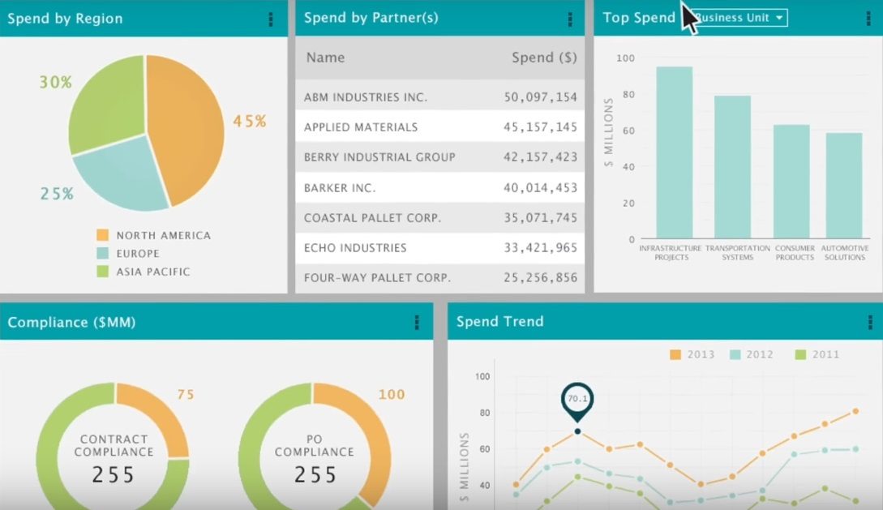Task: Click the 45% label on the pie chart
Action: (249, 122)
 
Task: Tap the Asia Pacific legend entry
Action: (152, 272)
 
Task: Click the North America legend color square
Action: (102, 236)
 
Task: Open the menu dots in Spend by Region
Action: (271, 19)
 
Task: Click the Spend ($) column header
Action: (544, 58)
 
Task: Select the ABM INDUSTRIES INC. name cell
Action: (365, 97)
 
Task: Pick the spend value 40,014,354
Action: (540, 188)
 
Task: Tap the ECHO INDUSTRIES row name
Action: (355, 248)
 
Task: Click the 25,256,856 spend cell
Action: (540, 278)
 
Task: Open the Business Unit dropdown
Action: (740, 18)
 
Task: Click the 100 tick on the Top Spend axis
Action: (625, 58)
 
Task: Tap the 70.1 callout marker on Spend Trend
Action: (577, 400)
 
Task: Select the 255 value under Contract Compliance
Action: (113, 474)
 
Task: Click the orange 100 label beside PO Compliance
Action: (392, 395)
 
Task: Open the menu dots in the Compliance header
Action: (417, 323)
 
